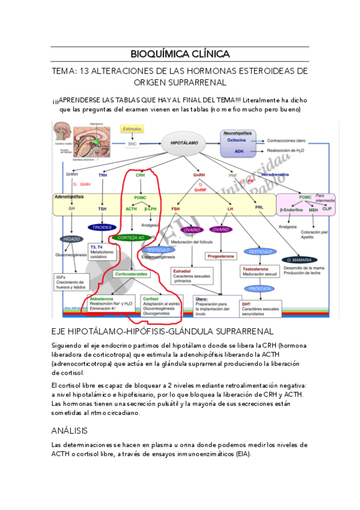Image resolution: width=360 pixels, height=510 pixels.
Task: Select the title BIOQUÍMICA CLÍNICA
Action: [180, 54]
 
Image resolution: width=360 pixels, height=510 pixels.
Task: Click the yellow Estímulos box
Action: [132, 129]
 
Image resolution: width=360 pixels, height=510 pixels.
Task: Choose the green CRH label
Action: [140, 175]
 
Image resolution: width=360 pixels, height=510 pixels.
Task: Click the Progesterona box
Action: [223, 256]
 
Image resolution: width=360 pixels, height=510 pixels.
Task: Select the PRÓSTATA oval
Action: [260, 289]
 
